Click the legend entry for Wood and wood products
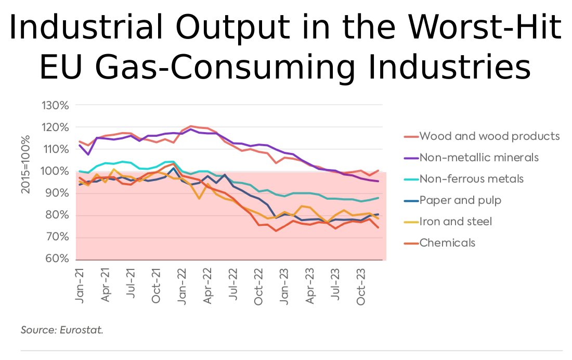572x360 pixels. (489, 136)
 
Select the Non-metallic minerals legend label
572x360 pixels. (478, 158)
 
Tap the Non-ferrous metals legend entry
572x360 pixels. (471, 179)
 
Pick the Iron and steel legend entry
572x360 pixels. (456, 222)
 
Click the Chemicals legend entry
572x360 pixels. (447, 242)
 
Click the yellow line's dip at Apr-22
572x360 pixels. (199, 198)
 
